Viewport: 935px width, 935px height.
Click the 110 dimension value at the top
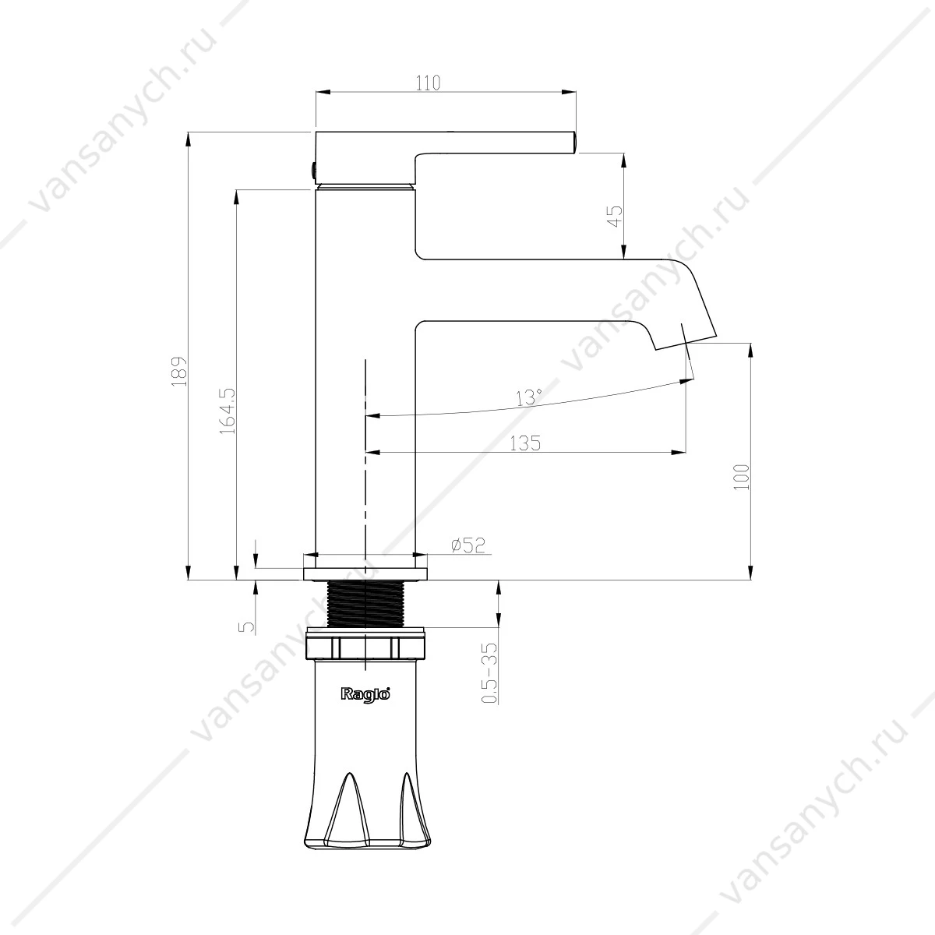(429, 83)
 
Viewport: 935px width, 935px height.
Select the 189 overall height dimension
(179, 372)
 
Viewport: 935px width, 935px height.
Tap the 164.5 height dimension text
(227, 411)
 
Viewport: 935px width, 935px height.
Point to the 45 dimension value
(615, 216)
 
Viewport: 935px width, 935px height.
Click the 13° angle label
(528, 397)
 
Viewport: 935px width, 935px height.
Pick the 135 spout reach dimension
(525, 443)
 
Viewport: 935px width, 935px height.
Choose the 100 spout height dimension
(742, 477)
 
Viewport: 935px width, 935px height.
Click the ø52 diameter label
(468, 545)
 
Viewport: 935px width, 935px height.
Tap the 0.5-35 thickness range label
(491, 672)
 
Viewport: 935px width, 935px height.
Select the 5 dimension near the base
(246, 626)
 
